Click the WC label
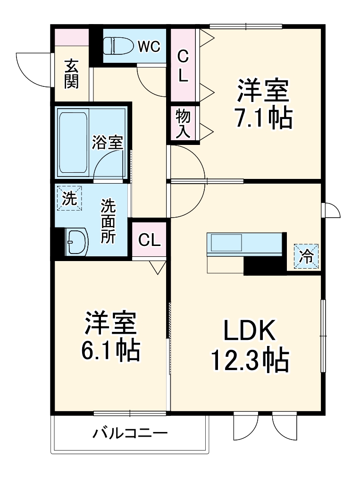(x=150, y=46)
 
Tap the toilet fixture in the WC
(x=118, y=46)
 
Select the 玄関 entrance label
(x=72, y=74)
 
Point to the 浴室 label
(x=108, y=142)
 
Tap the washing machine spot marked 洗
(x=69, y=198)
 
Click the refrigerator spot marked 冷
(x=307, y=257)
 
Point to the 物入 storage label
(x=183, y=123)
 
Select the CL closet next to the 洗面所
(x=150, y=240)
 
